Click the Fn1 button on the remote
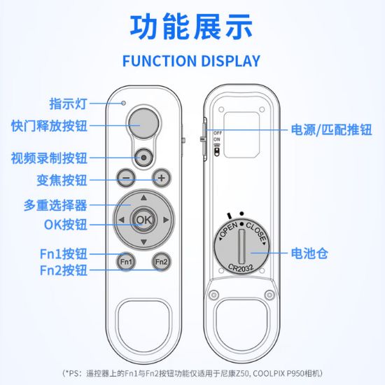126,262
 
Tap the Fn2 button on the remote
162,262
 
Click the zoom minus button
126,178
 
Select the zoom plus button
162,178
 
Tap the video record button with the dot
144,157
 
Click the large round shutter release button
144,122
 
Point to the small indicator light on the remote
124,104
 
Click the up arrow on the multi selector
143,197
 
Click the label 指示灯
68,104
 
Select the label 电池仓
310,253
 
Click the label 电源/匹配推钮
332,129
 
